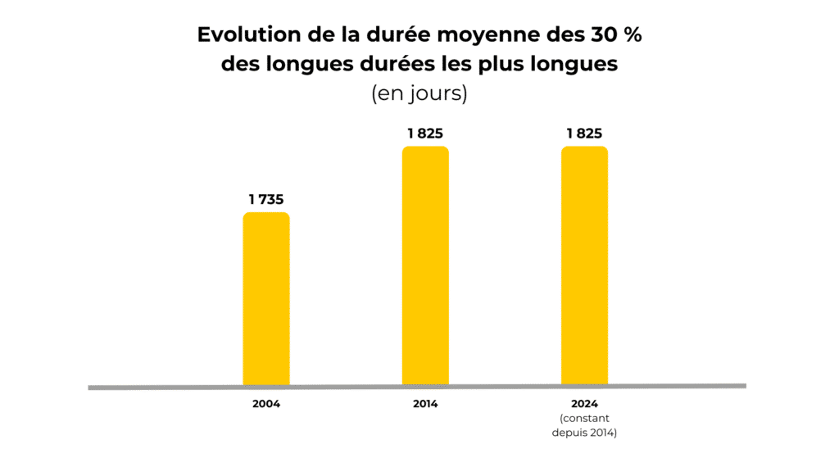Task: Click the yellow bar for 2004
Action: coord(266,298)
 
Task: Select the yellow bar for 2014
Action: coord(425,265)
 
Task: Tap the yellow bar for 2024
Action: coord(584,265)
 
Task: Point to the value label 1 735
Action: coord(266,199)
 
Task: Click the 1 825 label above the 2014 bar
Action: coord(425,134)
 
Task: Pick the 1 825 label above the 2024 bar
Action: coord(584,134)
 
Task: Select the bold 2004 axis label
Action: coord(266,405)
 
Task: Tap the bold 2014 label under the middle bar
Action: coord(425,405)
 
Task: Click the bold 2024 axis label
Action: coord(584,404)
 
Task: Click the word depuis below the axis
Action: coord(569,432)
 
